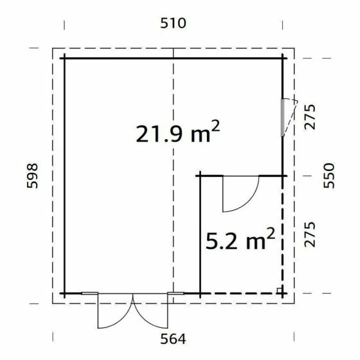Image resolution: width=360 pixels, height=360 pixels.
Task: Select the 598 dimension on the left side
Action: pyautogui.click(x=33, y=175)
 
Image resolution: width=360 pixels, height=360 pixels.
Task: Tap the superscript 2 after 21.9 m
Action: pyautogui.click(x=215, y=126)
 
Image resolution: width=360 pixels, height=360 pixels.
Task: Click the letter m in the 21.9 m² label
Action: pyautogui.click(x=198, y=135)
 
